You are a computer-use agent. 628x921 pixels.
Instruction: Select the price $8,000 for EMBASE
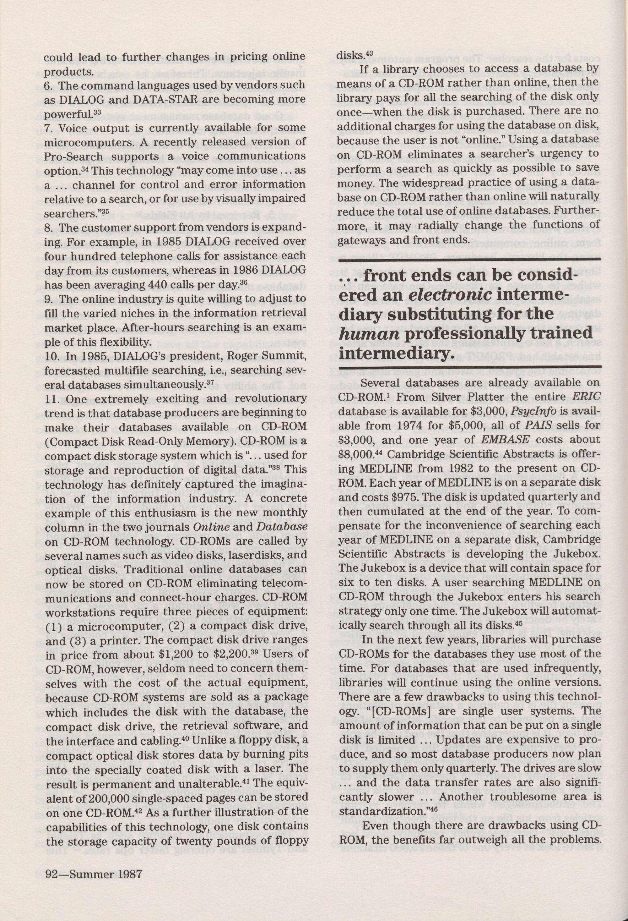354,454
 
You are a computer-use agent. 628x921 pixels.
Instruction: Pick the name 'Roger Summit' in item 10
268,356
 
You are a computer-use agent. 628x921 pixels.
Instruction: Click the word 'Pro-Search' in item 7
73,156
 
